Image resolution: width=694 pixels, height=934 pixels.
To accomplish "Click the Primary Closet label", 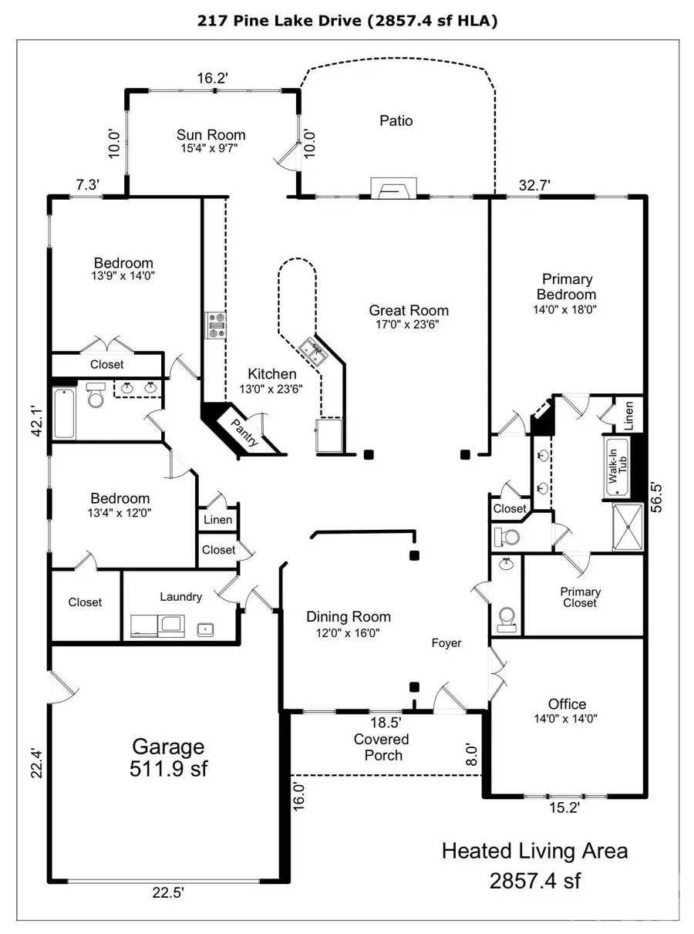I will coord(580,597).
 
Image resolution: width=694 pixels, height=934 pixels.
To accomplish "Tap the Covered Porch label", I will coord(383,747).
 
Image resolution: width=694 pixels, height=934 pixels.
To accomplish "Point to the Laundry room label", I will coord(180,596).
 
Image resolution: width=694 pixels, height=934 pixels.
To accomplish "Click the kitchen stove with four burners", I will coord(215,325).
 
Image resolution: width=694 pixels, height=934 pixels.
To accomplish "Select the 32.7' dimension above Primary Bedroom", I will coord(534,184).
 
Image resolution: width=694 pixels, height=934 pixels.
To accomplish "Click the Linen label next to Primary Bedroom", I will coord(629,416).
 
